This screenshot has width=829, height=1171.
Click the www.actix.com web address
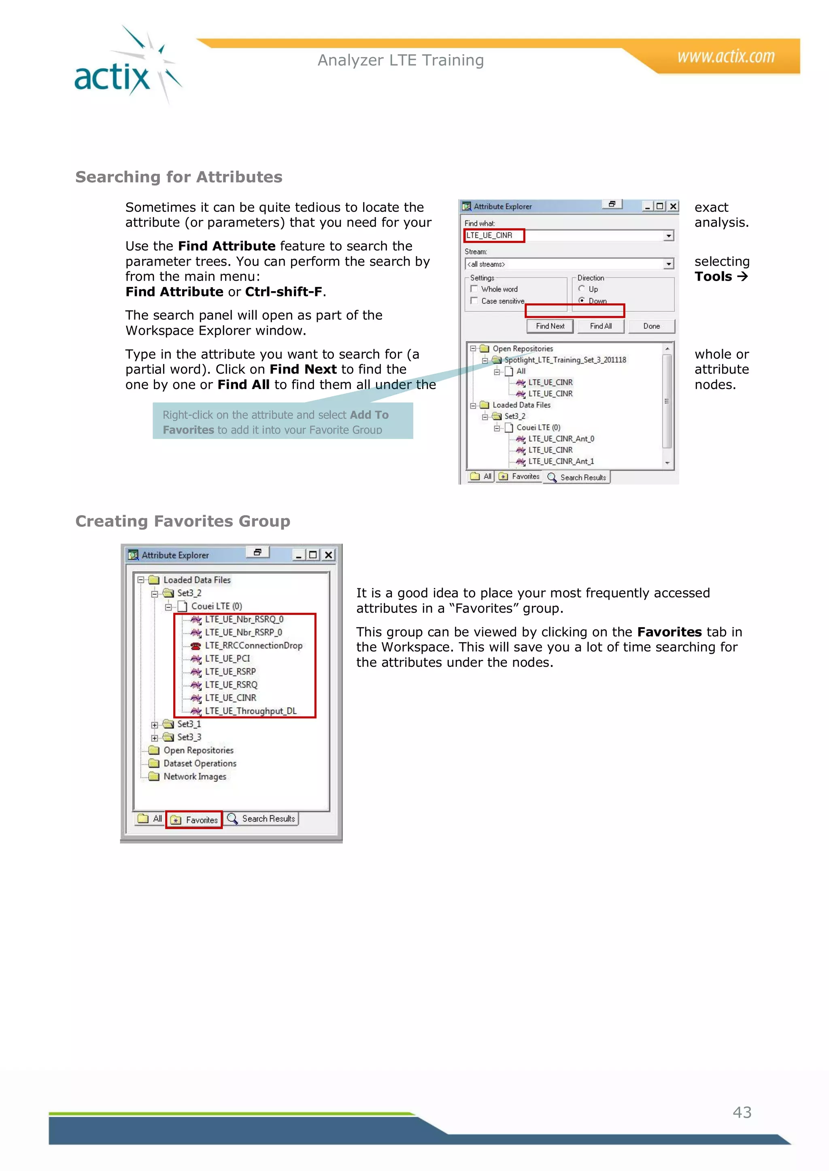coord(725,56)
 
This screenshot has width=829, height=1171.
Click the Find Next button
coord(550,326)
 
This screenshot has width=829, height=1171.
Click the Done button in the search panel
coord(651,326)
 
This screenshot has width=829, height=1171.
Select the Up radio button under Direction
coord(581,289)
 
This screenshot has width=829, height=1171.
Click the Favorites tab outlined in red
coord(194,820)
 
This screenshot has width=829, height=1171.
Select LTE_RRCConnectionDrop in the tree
coord(253,646)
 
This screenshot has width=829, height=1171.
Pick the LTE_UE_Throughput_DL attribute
coord(250,711)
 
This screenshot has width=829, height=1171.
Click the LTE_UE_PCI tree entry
coord(227,658)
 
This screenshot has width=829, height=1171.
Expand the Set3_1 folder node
coord(154,725)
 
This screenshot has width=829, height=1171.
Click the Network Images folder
coord(194,777)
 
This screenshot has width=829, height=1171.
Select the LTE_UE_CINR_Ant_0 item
coord(561,439)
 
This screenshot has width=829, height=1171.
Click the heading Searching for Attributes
coord(179,177)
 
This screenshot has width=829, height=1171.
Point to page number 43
coord(742,1112)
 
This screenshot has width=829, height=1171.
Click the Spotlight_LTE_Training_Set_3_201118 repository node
coord(565,360)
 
